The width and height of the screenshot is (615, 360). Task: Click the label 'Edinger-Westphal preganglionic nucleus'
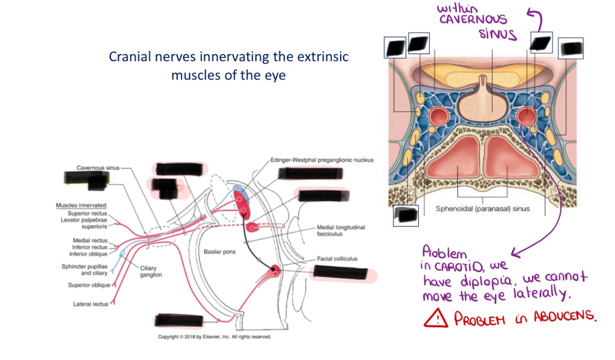pyautogui.click(x=322, y=160)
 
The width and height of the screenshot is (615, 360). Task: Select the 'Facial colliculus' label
pyautogui.click(x=337, y=259)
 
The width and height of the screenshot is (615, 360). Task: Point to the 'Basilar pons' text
pyautogui.click(x=216, y=252)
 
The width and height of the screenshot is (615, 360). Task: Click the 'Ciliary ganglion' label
pyautogui.click(x=151, y=271)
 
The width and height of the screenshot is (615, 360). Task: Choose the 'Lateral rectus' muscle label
pyautogui.click(x=91, y=304)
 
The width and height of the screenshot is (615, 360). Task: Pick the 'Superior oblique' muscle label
pyautogui.click(x=89, y=285)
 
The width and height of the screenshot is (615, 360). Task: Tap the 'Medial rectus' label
pyautogui.click(x=90, y=241)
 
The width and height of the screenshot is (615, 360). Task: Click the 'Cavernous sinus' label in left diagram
pyautogui.click(x=98, y=168)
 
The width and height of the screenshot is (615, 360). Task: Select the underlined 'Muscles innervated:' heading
pyautogui.click(x=81, y=205)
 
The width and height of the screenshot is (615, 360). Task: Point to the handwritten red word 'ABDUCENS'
pyautogui.click(x=564, y=317)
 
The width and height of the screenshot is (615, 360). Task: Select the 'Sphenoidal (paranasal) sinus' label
pyautogui.click(x=483, y=209)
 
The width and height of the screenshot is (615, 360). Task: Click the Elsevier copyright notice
pyautogui.click(x=214, y=337)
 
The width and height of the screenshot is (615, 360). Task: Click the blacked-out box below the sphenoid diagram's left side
pyautogui.click(x=406, y=215)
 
